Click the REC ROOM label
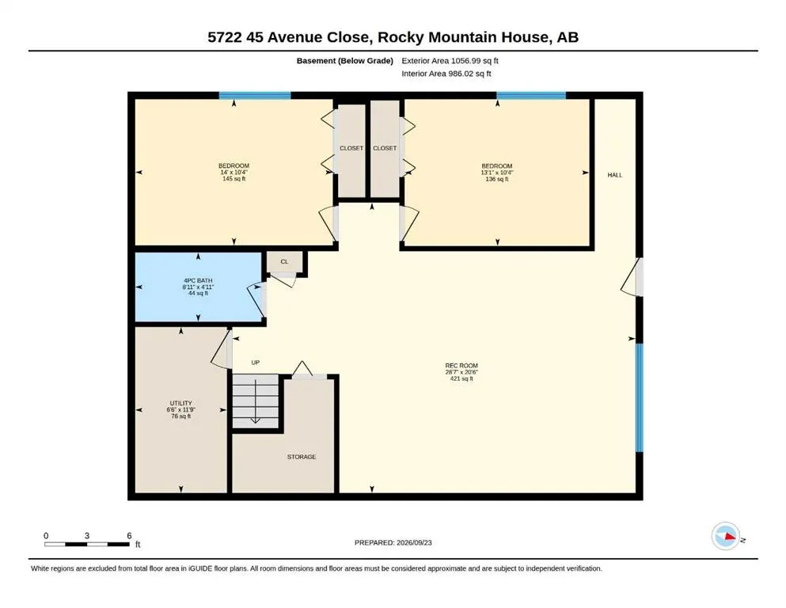461,366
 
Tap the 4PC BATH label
198,281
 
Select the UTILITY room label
181,403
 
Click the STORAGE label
302,457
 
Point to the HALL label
614,175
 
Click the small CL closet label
284,261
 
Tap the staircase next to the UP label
256,401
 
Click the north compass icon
726,536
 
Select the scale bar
87,544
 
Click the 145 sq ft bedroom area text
234,179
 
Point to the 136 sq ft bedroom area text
497,179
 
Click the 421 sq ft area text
461,379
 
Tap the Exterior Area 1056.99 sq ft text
450,61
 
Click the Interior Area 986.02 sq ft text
446,73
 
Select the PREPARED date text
393,542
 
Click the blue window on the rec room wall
639,397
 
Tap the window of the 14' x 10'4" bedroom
255,95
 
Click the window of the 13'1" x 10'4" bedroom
531,95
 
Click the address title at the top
393,37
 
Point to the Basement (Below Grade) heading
344,61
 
